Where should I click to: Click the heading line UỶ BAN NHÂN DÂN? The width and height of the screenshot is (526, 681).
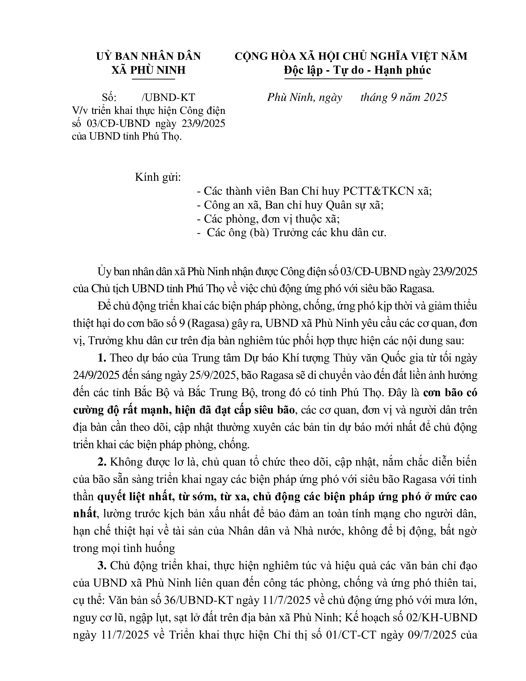point(149,56)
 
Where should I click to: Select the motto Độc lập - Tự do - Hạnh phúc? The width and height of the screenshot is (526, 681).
point(357,70)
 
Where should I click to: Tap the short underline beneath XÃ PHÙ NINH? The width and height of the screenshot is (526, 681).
point(153,79)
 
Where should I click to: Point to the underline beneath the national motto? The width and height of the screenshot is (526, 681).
point(353,79)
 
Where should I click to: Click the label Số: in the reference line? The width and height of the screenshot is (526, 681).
point(109,98)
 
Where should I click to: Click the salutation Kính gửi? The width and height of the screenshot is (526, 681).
point(158,177)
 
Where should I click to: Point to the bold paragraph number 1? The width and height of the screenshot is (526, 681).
point(102,358)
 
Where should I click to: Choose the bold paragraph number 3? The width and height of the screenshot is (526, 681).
point(102,566)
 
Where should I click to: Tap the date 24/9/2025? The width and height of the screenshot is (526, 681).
point(96,375)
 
